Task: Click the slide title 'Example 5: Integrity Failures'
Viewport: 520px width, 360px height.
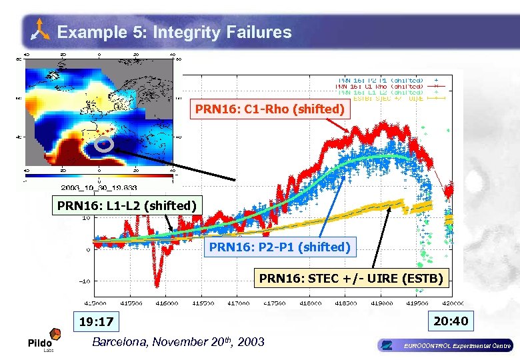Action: (x=174, y=32)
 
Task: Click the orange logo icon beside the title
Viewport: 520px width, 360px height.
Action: (x=41, y=30)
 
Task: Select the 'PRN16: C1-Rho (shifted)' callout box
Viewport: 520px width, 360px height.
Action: (x=269, y=109)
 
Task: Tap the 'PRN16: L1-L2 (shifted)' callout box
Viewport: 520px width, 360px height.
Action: (x=127, y=205)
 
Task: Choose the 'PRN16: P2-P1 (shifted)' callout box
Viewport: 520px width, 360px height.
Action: (x=279, y=247)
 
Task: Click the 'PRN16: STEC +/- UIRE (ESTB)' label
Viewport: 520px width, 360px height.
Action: (x=351, y=278)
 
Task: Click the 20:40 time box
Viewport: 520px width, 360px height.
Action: (x=451, y=321)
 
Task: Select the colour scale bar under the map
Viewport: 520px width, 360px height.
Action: (x=100, y=174)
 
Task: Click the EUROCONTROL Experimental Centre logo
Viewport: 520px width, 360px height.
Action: (x=445, y=345)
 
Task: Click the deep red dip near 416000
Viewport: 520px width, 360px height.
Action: (x=157, y=277)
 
